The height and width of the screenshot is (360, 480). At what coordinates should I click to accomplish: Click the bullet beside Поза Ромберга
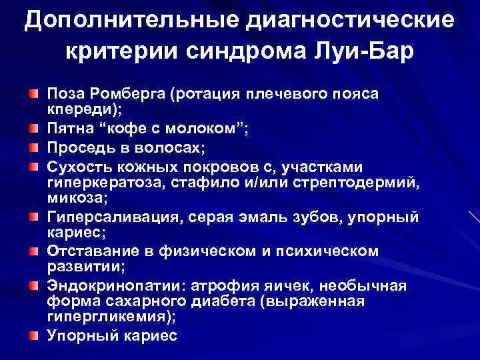[x=33, y=94]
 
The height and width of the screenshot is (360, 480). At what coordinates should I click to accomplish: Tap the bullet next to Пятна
[x=33, y=129]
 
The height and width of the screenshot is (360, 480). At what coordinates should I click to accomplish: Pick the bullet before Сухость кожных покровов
[x=33, y=164]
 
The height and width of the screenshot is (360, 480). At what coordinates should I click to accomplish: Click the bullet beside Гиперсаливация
[x=33, y=217]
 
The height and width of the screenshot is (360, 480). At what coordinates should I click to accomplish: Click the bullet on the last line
[x=33, y=336]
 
